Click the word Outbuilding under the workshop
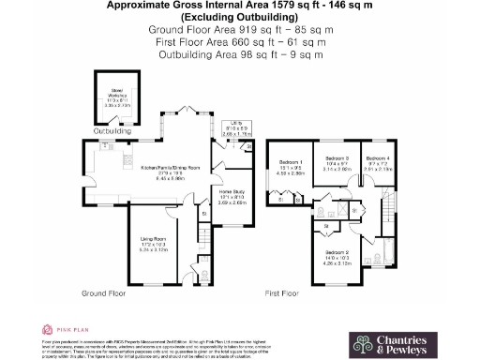click(x=112, y=132)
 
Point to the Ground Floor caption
click(x=105, y=293)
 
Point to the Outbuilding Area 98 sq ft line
click(x=240, y=54)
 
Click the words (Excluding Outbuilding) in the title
click(x=240, y=18)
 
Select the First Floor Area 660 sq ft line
click(x=240, y=42)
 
